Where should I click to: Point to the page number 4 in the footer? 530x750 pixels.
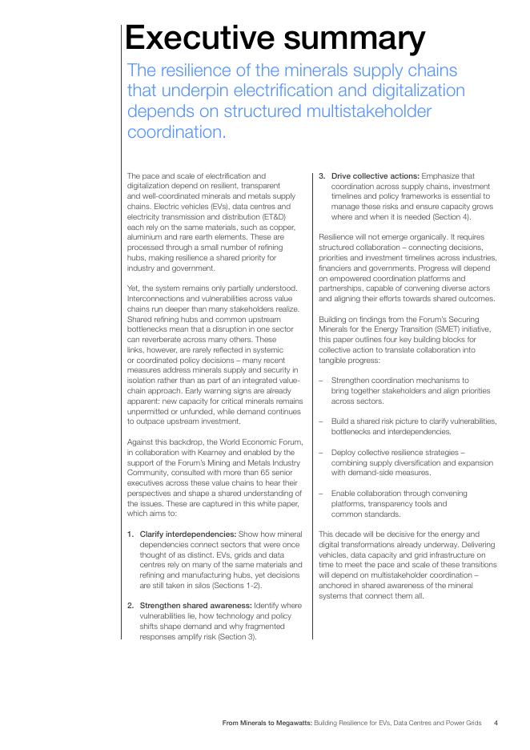pyautogui.click(x=496, y=723)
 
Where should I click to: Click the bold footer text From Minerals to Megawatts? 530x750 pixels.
pyautogui.click(x=267, y=723)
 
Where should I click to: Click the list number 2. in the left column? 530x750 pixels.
pyautogui.click(x=130, y=606)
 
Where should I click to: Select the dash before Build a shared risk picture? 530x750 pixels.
pyautogui.click(x=322, y=421)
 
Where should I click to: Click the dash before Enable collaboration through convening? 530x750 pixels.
pyautogui.click(x=322, y=494)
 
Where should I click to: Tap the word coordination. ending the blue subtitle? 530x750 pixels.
pyautogui.click(x=176, y=131)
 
